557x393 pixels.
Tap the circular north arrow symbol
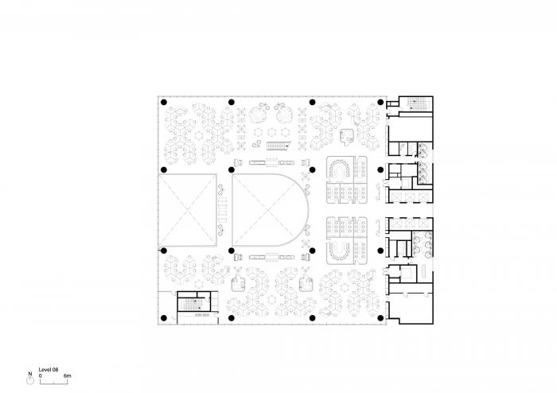[30, 380]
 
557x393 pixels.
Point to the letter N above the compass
[30, 373]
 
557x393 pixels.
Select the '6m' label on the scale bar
[68, 374]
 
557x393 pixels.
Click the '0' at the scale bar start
[41, 374]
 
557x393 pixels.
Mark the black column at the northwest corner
[164, 103]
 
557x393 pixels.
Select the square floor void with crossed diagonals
[189, 211]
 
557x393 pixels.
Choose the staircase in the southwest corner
[188, 305]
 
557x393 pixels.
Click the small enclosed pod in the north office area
[347, 135]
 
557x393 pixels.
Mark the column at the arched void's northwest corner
[232, 169]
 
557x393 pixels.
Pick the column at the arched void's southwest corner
[232, 251]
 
